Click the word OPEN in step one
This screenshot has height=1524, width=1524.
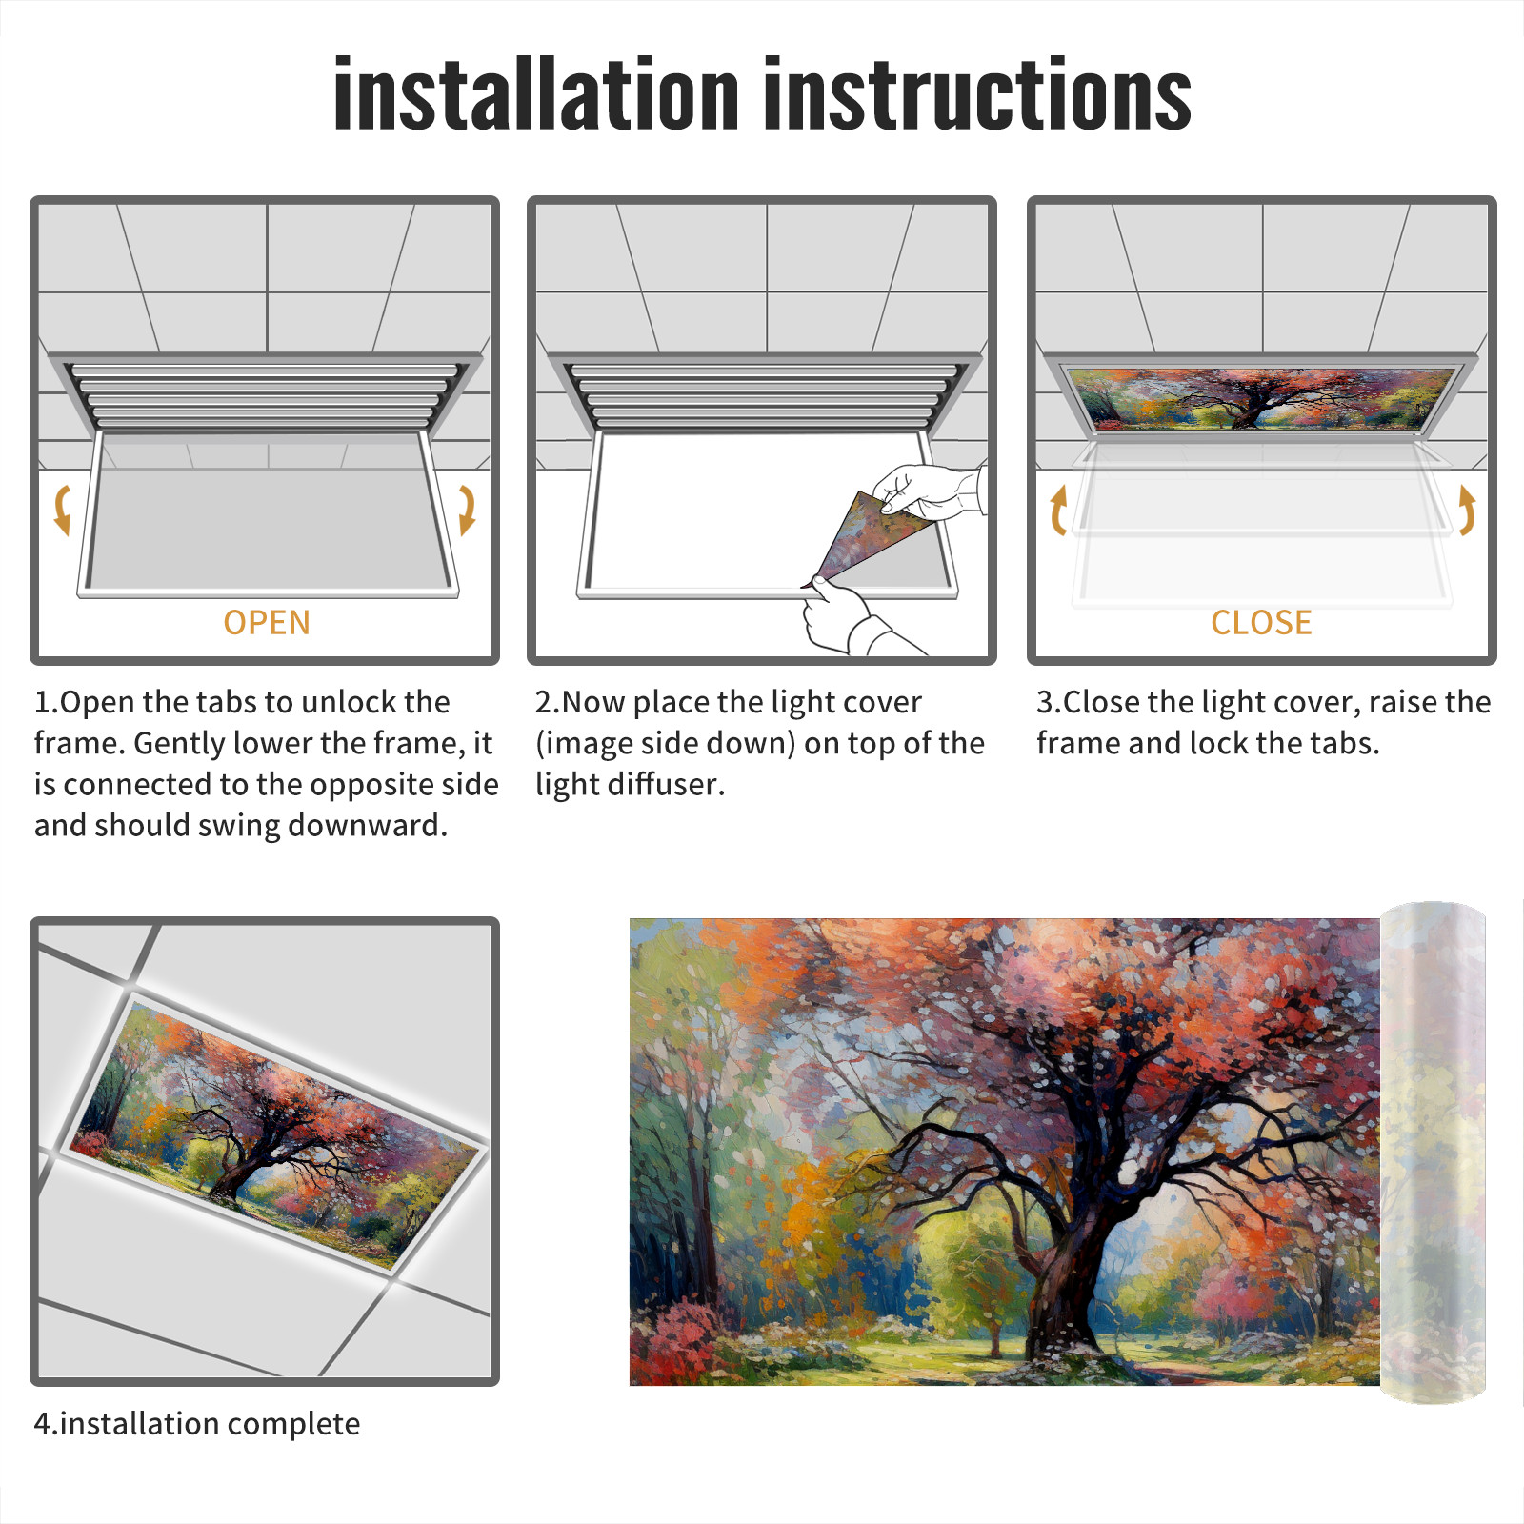(267, 623)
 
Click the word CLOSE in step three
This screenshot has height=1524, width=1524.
(1261, 623)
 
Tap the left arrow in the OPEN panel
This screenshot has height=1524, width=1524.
(62, 510)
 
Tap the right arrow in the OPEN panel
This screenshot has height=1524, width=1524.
(467, 510)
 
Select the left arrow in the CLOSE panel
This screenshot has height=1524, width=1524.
(1056, 510)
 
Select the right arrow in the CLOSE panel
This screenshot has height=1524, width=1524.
(1468, 510)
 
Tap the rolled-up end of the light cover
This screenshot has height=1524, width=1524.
(1433, 1153)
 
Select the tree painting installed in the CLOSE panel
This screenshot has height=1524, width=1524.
(1262, 398)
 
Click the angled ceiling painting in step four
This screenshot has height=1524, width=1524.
(274, 1133)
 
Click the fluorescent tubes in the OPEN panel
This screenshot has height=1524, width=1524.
(264, 396)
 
